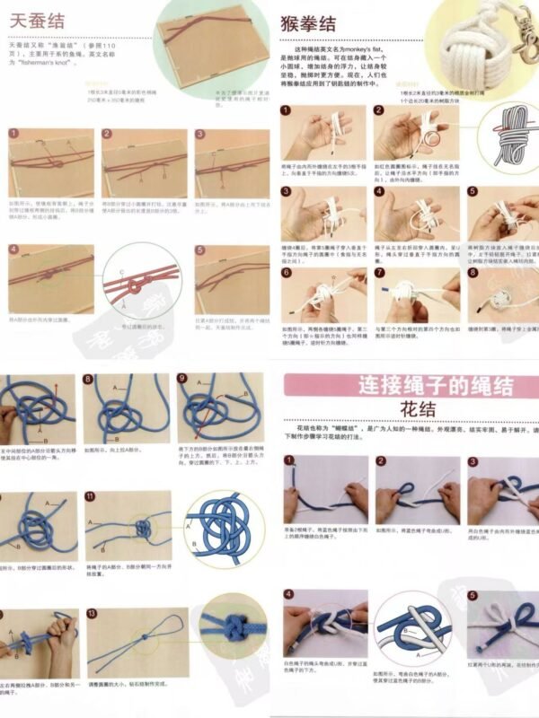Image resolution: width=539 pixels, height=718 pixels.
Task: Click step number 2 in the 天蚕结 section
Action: (x=107, y=135)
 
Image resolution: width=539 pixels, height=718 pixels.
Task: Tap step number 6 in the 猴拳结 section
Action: (x=286, y=272)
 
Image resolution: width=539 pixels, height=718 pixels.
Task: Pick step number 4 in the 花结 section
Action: (x=289, y=595)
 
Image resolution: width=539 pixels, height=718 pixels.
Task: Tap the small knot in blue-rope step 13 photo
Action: (x=144, y=638)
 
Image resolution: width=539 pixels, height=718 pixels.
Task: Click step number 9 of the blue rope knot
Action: (x=181, y=379)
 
